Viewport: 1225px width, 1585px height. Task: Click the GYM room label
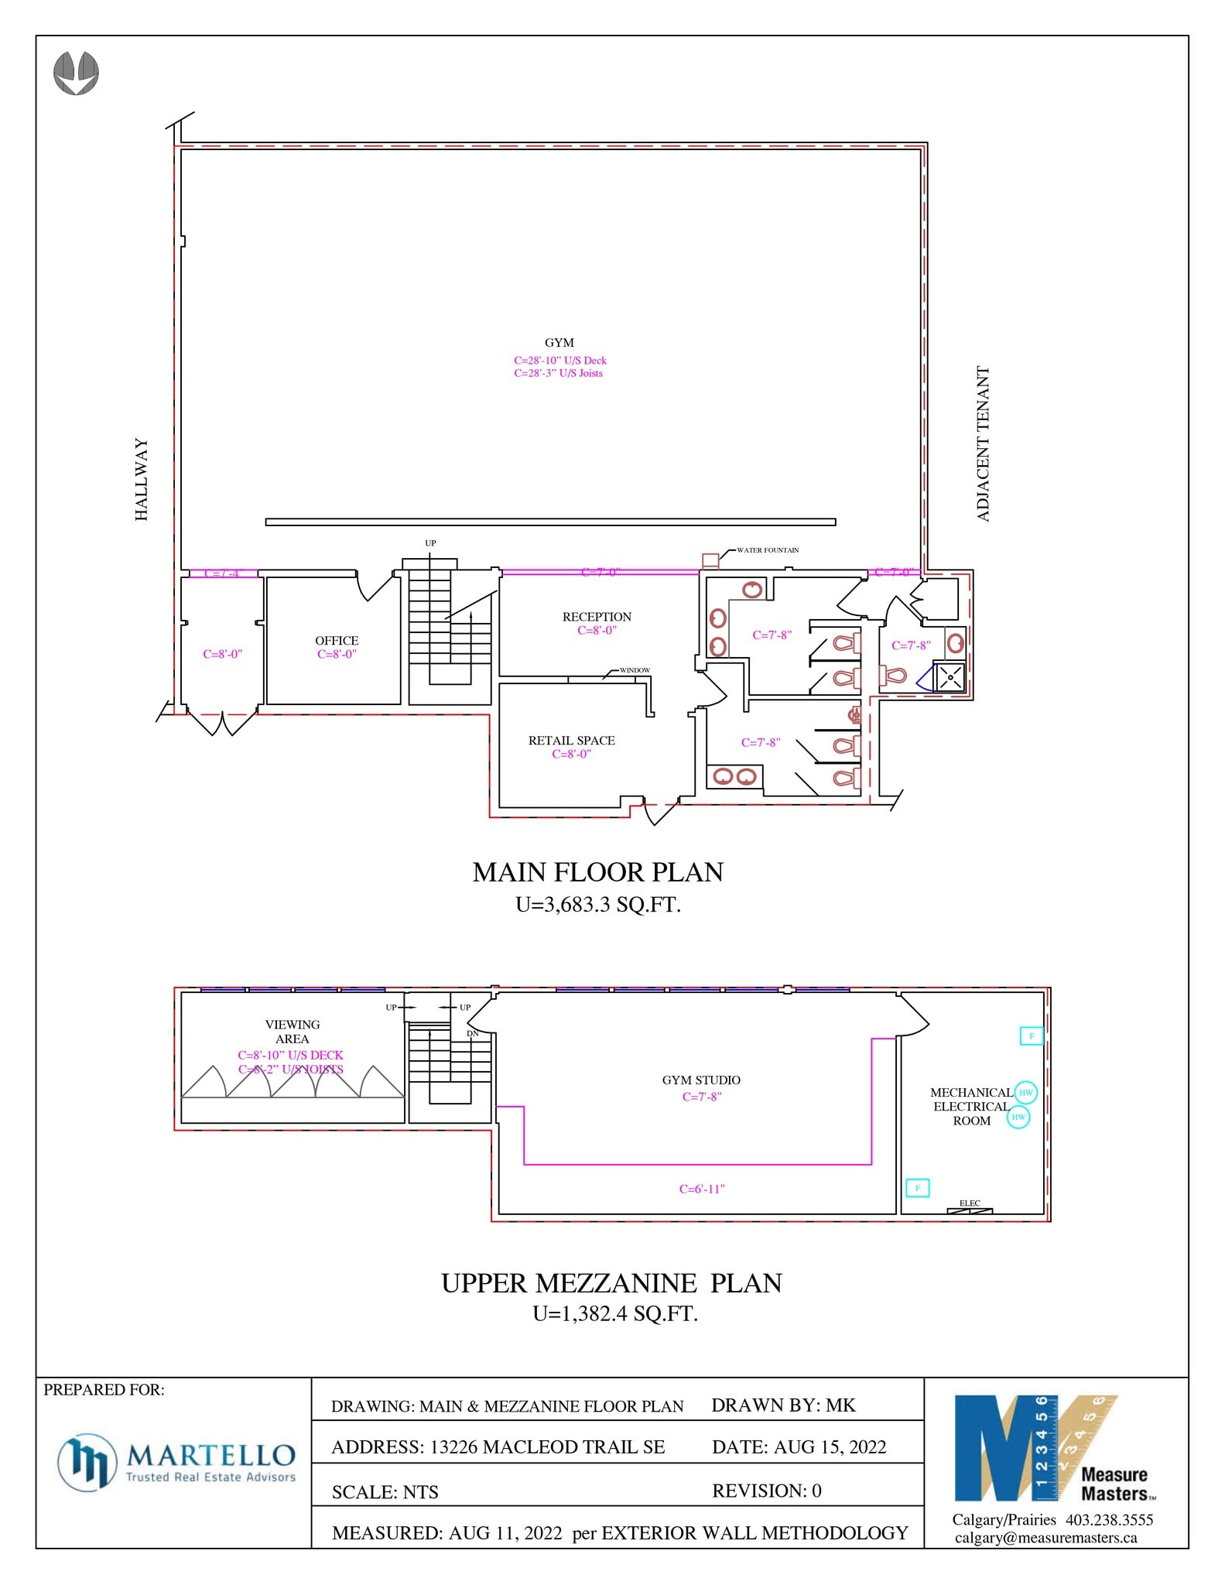559,343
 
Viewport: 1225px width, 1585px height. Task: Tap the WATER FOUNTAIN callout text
767,550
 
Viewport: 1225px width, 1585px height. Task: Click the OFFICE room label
337,641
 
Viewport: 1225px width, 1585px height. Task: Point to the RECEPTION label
597,617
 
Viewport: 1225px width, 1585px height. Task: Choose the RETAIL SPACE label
571,741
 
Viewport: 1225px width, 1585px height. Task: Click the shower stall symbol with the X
950,677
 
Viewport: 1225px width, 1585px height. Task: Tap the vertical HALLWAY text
142,479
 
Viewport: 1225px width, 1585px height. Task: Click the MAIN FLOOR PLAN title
597,872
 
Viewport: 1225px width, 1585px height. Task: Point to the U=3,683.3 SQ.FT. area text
597,905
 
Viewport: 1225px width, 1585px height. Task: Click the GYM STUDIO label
701,1080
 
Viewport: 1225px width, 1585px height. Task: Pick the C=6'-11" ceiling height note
701,1189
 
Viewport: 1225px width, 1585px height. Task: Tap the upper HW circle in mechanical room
1025,1092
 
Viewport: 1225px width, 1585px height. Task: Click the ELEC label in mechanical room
970,1203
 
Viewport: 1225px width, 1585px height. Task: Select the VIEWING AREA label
292,1032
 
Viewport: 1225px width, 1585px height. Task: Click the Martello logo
176,1461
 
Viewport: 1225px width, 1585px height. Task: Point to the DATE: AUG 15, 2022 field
799,1447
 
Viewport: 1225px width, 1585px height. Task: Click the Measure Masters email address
1045,1538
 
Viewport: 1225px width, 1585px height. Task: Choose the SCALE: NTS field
385,1492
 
